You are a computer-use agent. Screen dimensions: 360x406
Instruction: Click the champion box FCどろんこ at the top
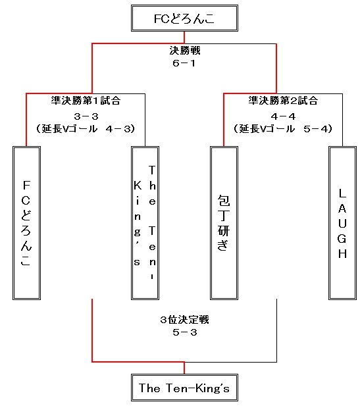[184, 18]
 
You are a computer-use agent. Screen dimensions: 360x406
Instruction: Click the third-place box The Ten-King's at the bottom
[184, 388]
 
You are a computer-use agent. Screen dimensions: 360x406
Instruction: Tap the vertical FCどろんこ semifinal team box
[27, 223]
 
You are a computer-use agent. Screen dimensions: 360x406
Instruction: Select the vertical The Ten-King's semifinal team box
[145, 223]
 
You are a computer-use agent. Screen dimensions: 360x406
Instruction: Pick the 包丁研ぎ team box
[224, 223]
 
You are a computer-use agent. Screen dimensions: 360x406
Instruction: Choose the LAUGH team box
[343, 223]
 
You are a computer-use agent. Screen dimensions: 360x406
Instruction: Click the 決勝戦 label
[185, 51]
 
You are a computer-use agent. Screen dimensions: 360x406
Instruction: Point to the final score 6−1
[184, 63]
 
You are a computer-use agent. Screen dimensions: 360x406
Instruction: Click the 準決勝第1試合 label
[86, 101]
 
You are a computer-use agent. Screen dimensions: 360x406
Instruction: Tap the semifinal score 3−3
[86, 116]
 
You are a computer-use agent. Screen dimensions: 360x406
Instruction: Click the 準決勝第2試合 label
[283, 101]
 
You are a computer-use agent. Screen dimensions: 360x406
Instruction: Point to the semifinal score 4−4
[283, 116]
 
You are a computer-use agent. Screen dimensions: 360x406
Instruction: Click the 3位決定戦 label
[184, 320]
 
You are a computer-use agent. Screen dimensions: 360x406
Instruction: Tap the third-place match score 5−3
[185, 332]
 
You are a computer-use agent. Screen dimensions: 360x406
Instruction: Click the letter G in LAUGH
[342, 239]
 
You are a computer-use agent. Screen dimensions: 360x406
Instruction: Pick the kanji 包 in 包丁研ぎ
[224, 200]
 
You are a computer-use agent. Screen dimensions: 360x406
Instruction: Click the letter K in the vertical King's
[138, 186]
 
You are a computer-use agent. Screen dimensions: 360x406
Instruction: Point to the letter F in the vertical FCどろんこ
[26, 186]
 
